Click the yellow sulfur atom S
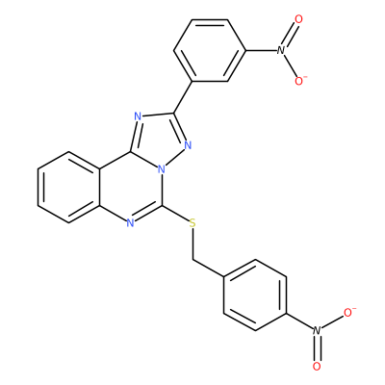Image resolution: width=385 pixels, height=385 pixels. tap(192, 223)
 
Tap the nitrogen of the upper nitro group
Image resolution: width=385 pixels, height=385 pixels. tap(281, 50)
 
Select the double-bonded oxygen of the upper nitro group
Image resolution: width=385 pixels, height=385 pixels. tap(298, 19)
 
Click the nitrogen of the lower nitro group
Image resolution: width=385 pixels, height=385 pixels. tap(317, 330)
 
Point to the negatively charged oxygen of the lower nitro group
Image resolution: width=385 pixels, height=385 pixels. tap(349, 312)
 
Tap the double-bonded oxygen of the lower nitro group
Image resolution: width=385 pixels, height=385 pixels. tap(317, 366)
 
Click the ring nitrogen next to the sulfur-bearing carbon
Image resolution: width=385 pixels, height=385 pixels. tap(130, 223)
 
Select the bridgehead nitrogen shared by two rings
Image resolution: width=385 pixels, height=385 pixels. tap(162, 168)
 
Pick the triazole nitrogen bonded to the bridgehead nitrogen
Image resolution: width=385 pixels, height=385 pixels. tap(188, 145)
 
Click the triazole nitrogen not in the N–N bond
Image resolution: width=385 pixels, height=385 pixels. tap(138, 116)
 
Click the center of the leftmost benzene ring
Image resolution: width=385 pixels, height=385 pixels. tap(68, 187)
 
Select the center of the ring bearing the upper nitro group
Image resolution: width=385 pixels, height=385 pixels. tap(210, 50)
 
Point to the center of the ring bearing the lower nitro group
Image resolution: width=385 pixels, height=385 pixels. tap(255, 295)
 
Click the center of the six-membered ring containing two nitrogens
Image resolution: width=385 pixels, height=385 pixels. tap(131, 187)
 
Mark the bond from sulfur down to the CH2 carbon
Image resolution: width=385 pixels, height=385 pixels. tap(192, 244)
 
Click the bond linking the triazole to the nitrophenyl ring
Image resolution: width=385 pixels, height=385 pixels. tap(183, 97)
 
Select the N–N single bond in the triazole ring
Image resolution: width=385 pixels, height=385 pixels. tap(175, 157)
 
